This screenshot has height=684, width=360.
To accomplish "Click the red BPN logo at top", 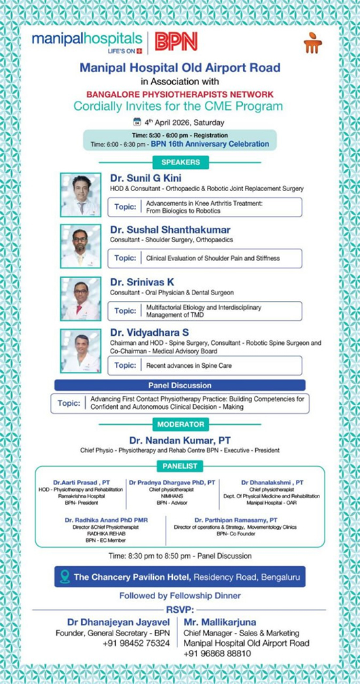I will [176, 43].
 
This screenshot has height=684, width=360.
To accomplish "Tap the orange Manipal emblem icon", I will [313, 43].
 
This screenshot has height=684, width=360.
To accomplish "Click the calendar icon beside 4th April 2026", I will [137, 122].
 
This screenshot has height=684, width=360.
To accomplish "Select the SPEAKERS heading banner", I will [179, 162].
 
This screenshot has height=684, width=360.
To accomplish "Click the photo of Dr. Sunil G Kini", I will [81, 194].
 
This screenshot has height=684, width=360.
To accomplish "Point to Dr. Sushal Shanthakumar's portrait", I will [81, 245].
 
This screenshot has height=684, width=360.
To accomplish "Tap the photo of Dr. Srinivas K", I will [81, 298].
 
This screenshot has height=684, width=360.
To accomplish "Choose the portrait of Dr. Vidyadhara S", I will [81, 351].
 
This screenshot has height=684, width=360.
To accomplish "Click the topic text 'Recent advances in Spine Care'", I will [189, 365].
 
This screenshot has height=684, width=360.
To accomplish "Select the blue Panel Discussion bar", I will [179, 386].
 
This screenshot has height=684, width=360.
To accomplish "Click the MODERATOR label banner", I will [179, 425].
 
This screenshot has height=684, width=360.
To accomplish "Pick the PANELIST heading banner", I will [179, 465].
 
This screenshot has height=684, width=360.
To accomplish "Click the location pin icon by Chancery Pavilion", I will [63, 577].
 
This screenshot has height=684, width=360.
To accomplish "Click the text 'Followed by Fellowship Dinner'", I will [179, 596].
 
